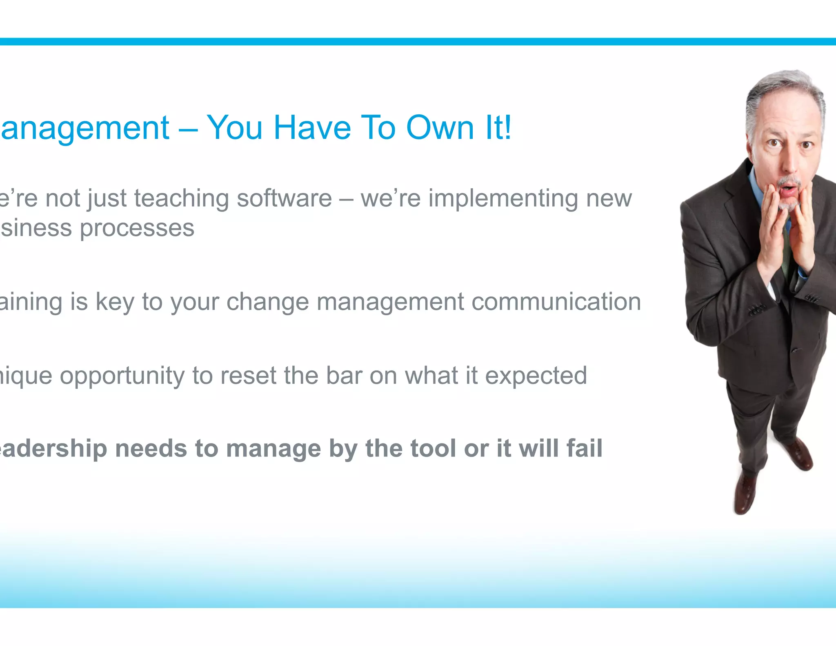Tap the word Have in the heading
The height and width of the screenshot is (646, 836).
[312, 128]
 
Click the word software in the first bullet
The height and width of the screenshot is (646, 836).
[284, 199]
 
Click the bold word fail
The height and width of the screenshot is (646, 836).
[584, 448]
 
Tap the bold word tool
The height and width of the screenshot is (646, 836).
[433, 448]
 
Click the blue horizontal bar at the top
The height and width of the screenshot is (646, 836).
[418, 42]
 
